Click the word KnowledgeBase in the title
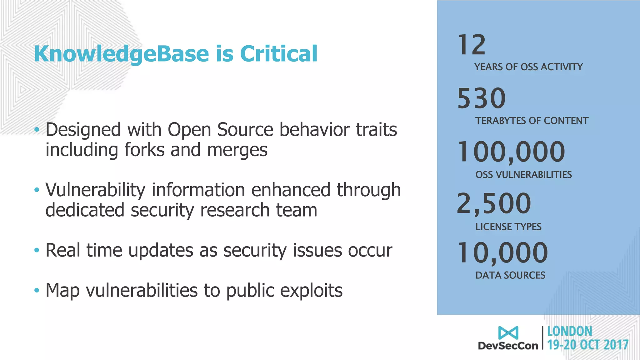121,54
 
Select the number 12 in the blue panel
472,45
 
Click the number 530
481,98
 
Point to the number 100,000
511,152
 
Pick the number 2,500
494,203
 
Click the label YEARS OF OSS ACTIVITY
528,67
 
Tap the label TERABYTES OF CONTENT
532,121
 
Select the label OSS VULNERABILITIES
523,175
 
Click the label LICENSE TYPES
508,227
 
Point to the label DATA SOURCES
510,275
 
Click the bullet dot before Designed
37,129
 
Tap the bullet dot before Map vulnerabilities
37,290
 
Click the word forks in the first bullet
144,150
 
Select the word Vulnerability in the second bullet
95,190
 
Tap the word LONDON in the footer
570,331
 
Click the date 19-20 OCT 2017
588,345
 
